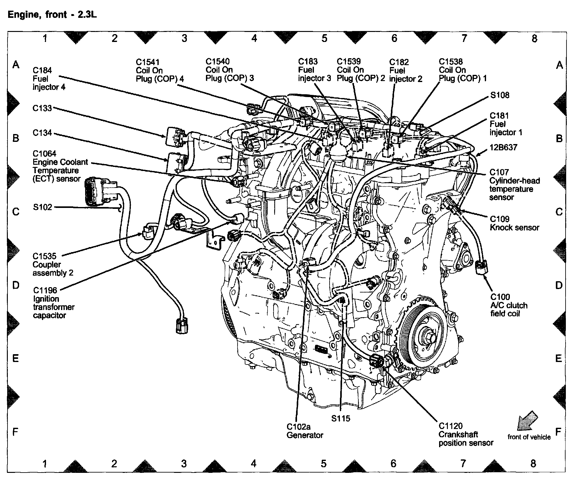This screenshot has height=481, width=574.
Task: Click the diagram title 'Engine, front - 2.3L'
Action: pos(52,15)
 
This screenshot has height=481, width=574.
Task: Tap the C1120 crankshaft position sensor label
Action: pos(466,434)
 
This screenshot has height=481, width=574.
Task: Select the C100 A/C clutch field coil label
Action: pos(509,305)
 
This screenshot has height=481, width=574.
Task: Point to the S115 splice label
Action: pos(341,418)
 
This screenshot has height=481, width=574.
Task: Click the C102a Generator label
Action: pos(305,431)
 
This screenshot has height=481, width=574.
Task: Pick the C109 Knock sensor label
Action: pos(514,223)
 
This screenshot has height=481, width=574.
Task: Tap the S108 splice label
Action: pos(500,95)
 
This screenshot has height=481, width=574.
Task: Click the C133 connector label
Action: pos(42,108)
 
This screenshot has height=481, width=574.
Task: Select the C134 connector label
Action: pos(42,133)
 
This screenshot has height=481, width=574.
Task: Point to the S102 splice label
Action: pos(43,207)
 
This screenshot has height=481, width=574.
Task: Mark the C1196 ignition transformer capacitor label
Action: pos(54,303)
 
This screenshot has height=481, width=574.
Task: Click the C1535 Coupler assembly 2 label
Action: pos(53,265)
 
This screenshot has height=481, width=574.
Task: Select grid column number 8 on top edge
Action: pos(534,39)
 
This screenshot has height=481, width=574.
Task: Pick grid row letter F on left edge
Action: pos(15,432)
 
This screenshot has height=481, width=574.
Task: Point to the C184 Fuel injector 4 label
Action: pos(49,79)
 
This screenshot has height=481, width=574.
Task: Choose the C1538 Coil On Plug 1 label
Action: pos(463,70)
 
